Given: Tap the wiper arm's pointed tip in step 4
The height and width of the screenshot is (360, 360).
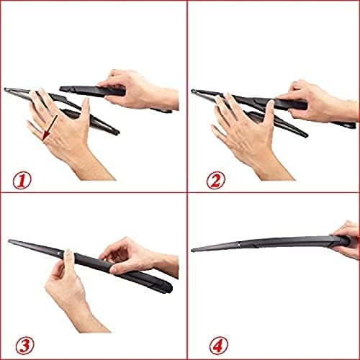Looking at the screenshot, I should (x=194, y=250).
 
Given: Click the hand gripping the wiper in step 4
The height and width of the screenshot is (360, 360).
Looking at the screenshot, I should (x=347, y=239).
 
